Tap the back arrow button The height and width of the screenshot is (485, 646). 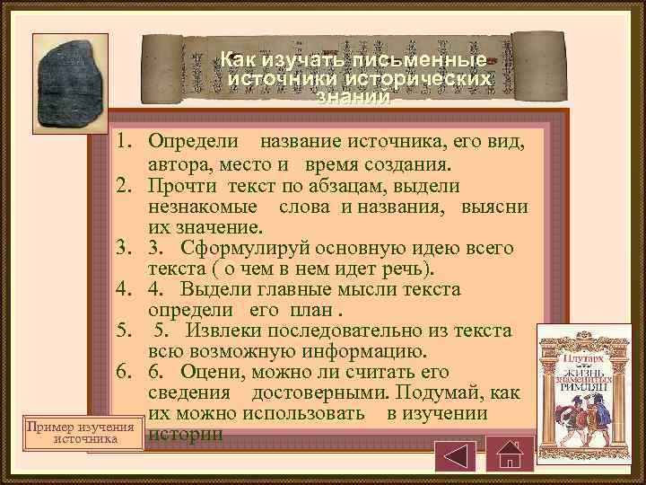coord(455,451)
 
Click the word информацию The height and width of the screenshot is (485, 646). coord(358,350)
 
